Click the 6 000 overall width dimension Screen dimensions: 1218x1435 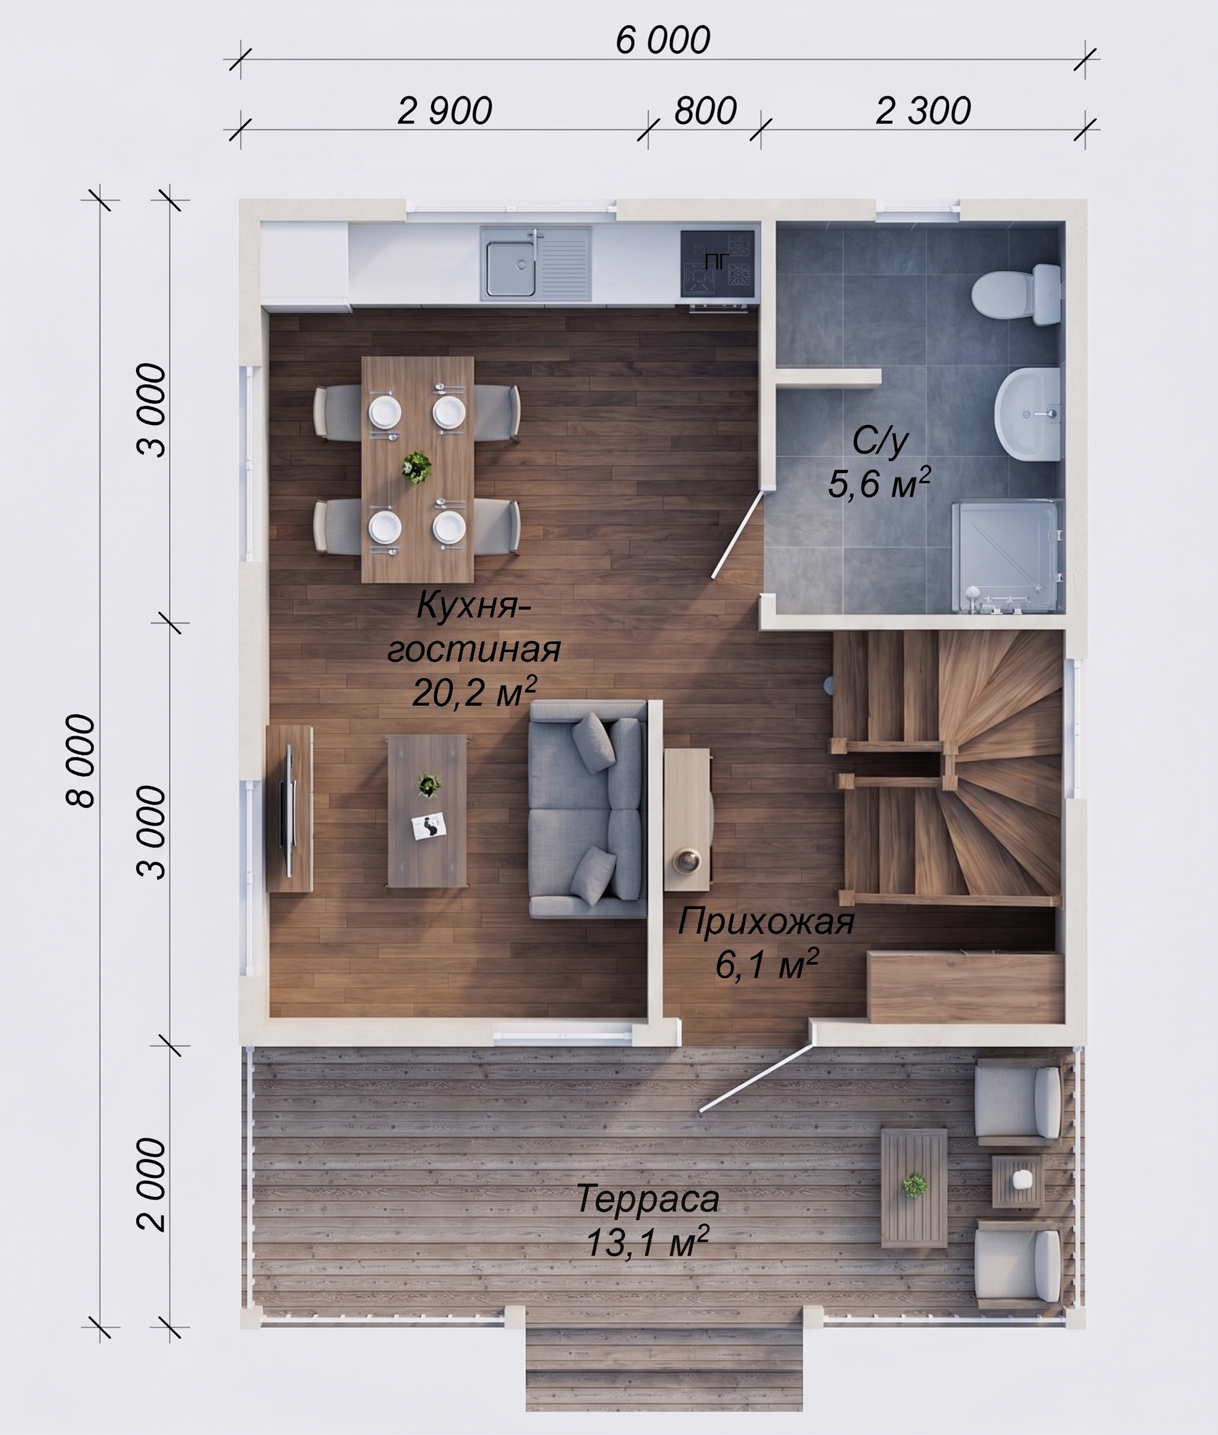tap(662, 40)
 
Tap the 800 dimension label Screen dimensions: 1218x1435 tap(705, 111)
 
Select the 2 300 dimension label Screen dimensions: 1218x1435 tap(923, 111)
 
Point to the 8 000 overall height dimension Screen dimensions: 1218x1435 tap(80, 760)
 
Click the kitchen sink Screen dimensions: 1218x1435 tap(536, 264)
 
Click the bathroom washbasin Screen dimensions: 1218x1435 tap(1028, 413)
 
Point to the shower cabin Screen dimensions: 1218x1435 tap(1005, 557)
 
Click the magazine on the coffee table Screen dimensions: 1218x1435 tap(429, 826)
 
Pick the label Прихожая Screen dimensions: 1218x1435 tap(766, 922)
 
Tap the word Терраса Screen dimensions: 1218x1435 tap(648, 1199)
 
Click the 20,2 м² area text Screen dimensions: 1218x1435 tap(474, 692)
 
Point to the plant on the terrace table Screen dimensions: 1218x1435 tap(914, 1185)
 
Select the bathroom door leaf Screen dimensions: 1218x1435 tap(738, 534)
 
